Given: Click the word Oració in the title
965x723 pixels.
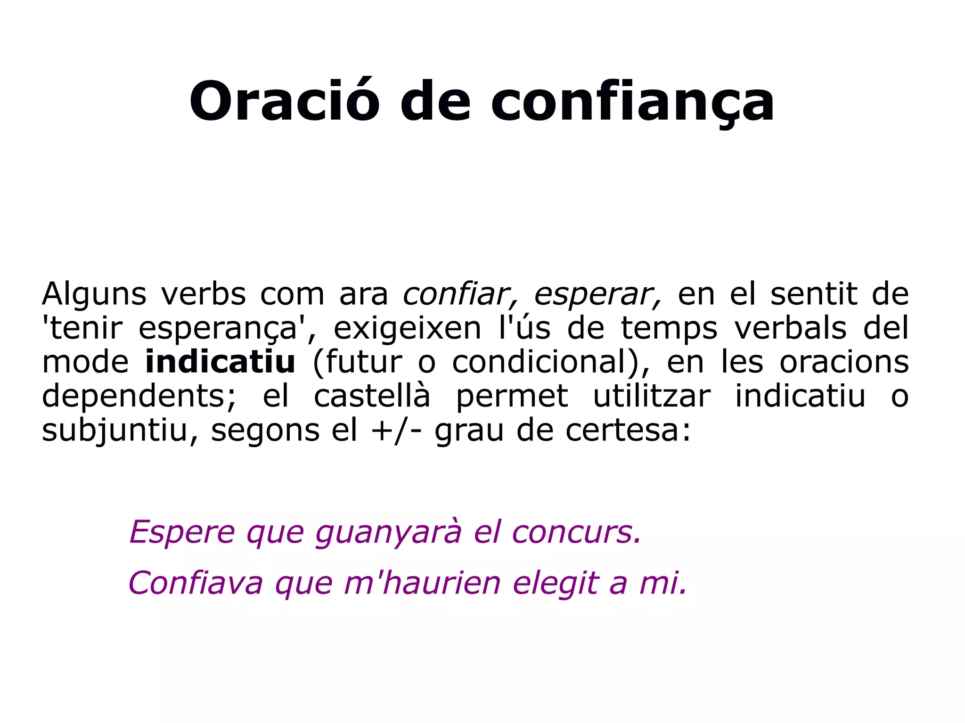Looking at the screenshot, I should [284, 101].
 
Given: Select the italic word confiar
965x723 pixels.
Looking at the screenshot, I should [460, 294].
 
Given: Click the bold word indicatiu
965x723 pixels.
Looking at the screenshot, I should [220, 362].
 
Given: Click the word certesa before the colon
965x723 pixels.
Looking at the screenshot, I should [622, 430].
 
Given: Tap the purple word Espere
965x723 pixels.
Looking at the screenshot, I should [182, 532].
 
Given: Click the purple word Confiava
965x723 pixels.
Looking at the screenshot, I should [196, 583].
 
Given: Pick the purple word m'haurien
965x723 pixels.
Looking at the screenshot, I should [422, 583].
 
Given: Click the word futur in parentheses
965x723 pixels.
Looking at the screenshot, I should [364, 362].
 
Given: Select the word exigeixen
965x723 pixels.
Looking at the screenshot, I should [407, 328].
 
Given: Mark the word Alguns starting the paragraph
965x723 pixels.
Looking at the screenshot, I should [94, 294].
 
